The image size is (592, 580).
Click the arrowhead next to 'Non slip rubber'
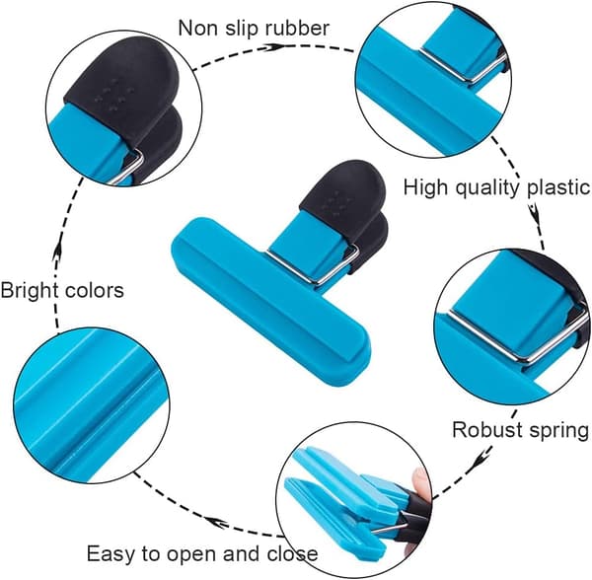coord(273,47)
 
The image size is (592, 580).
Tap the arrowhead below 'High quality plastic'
coord(534,213)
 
